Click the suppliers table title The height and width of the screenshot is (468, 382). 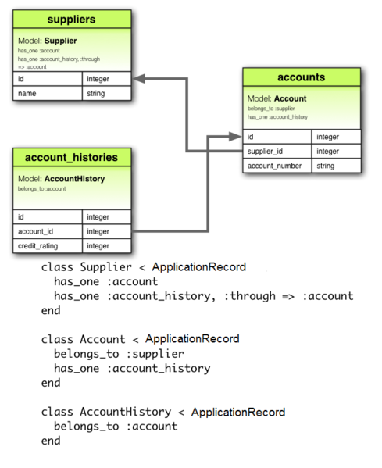pyautogui.click(x=71, y=19)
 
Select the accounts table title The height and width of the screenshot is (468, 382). pyautogui.click(x=301, y=77)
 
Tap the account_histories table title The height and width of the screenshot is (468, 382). pyautogui.click(x=71, y=158)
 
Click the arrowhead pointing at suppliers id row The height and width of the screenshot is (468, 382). pyautogui.click(x=138, y=79)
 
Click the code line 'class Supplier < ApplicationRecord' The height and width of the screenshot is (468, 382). pyautogui.click(x=143, y=267)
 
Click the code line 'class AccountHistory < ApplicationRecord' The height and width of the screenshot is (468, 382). pyautogui.click(x=162, y=412)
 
